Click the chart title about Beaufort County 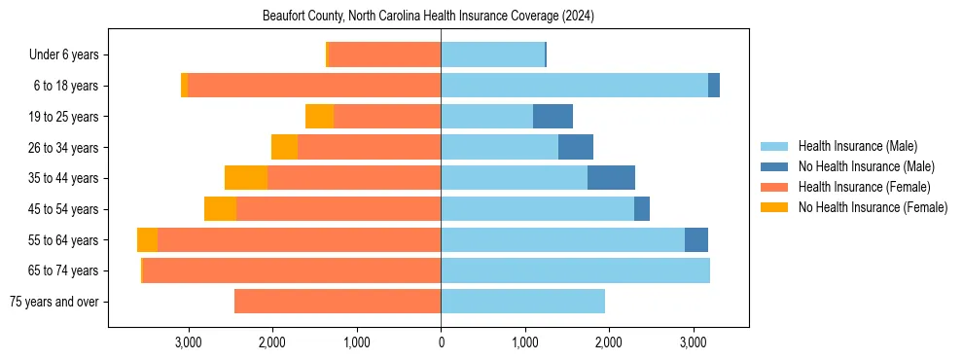428,17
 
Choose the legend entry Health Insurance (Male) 857,146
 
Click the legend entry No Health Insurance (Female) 873,207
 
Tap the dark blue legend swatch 776,166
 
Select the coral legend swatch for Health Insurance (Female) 776,187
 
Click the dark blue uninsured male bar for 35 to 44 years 611,178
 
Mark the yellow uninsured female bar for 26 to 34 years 284,147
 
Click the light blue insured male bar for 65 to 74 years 575,270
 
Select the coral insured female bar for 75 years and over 338,302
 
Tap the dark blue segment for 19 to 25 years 553,117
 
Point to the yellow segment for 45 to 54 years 220,209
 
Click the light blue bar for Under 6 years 492,55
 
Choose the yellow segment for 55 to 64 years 147,240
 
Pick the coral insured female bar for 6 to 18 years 314,86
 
